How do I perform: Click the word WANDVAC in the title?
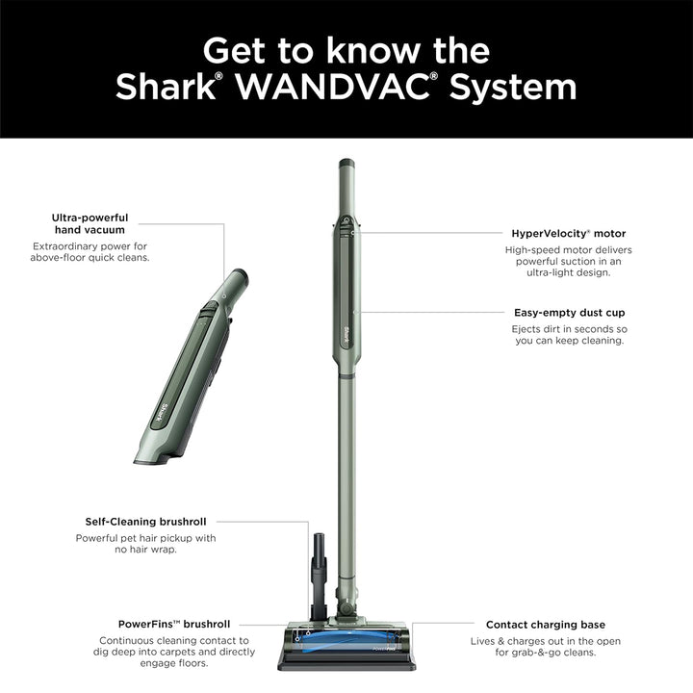click(x=333, y=87)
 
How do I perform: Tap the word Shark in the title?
click(x=166, y=87)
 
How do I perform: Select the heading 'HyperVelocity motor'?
click(x=569, y=233)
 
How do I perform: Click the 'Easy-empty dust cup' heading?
click(x=569, y=313)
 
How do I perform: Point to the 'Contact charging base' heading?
click(x=546, y=625)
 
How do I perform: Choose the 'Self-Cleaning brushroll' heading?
click(x=146, y=522)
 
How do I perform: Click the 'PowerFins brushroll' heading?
click(x=174, y=624)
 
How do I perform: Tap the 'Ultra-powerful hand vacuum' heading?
click(x=90, y=223)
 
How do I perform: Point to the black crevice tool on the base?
click(x=319, y=575)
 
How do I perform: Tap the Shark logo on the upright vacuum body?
click(x=346, y=334)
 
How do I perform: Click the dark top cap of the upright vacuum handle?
click(x=346, y=163)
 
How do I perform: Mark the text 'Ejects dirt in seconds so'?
click(x=569, y=329)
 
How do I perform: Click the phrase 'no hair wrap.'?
click(x=146, y=550)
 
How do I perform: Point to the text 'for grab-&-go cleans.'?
click(x=546, y=653)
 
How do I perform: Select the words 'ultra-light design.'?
click(x=569, y=272)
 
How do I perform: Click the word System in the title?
click(x=513, y=88)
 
